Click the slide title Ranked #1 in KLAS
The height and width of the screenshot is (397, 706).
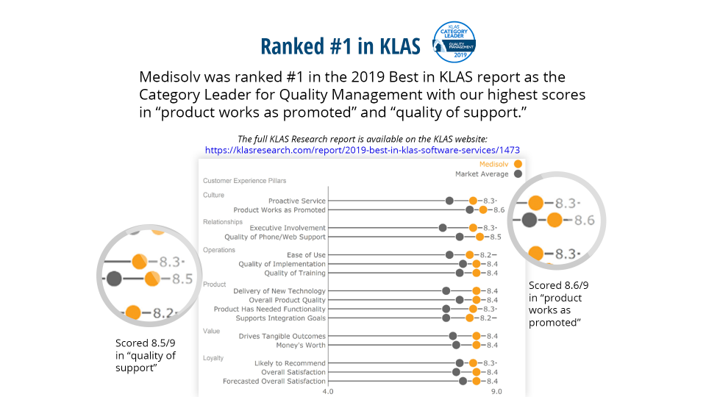point(340,46)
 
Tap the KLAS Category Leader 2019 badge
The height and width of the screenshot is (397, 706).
point(454,42)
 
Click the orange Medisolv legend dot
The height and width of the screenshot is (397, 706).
point(518,164)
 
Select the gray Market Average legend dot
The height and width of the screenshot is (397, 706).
point(518,174)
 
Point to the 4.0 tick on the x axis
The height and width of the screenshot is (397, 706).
point(328,391)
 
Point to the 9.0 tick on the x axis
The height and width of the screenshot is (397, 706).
point(496,391)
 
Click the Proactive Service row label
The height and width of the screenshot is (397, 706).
point(296,201)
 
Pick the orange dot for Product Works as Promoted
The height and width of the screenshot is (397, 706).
point(482,210)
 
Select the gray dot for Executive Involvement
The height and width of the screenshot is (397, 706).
point(443,228)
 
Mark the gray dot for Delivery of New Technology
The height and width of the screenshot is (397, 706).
point(446,291)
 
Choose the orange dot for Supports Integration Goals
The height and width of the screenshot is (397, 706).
point(470,318)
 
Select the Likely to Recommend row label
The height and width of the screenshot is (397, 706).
point(290,363)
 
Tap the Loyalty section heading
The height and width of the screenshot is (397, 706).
point(213,358)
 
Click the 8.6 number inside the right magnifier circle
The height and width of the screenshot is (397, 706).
point(584,220)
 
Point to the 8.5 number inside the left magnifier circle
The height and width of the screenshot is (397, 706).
point(182,279)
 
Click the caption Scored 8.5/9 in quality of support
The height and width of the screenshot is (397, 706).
point(146,355)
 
